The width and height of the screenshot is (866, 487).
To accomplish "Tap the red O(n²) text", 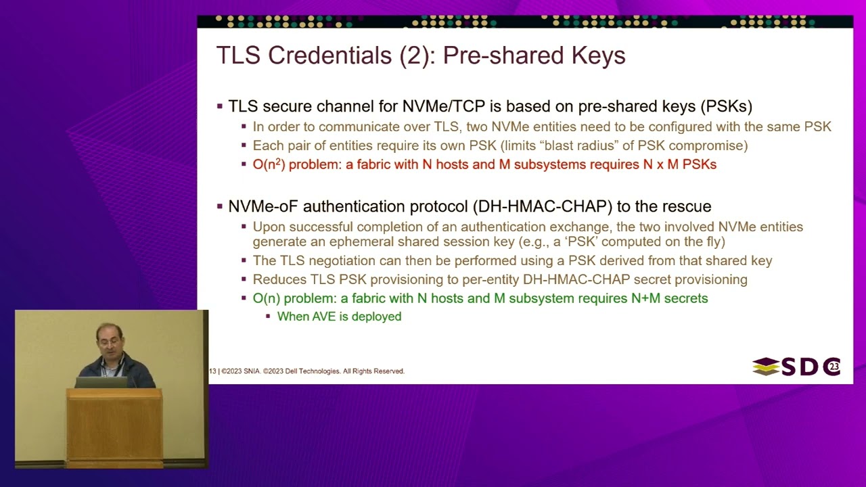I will click(269, 164).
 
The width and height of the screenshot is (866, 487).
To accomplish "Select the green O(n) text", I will click(266, 298).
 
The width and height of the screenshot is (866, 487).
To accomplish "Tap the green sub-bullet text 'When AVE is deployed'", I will click(339, 317).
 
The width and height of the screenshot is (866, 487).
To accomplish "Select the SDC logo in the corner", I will click(796, 367).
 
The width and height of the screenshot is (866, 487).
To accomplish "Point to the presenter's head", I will click(110, 338).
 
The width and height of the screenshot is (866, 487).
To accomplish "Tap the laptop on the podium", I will click(101, 382).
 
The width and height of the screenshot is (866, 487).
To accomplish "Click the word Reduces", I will click(279, 279).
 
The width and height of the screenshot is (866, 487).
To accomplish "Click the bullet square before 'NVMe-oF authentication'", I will click(220, 206).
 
